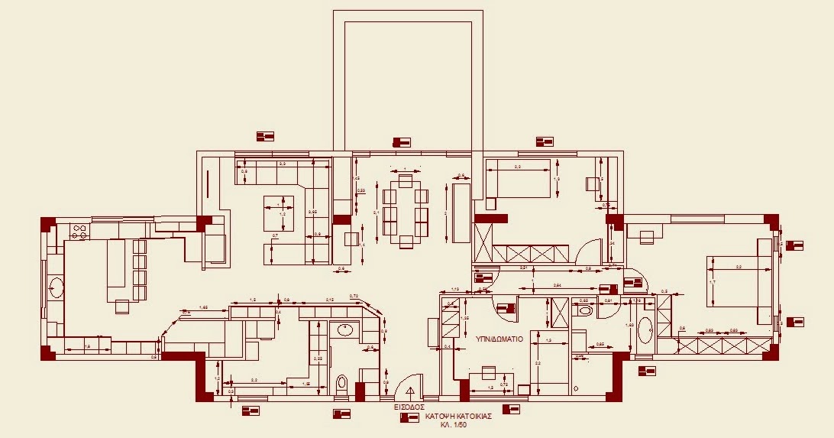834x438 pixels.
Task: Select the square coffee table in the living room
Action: click(279, 213)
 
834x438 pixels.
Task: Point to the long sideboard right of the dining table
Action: click(461, 213)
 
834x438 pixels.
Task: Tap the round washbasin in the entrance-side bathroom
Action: click(344, 330)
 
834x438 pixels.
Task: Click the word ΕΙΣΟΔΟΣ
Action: click(409, 407)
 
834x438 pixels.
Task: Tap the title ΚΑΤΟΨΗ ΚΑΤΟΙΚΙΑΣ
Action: click(457, 417)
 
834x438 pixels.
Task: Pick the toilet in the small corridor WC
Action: click(585, 312)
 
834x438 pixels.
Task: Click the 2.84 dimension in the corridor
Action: click(558, 285)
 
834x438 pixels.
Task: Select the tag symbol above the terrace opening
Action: click(401, 142)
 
